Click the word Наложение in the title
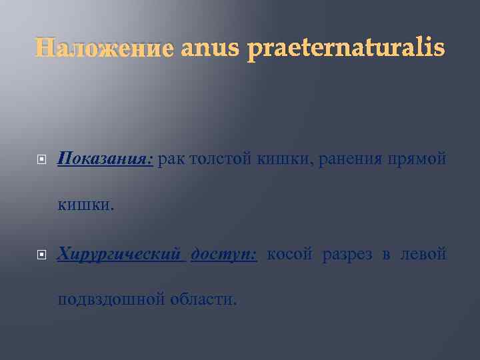(x=104, y=49)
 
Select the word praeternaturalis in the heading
(x=345, y=49)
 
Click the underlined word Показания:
(x=105, y=160)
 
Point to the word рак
(x=171, y=160)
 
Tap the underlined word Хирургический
(x=120, y=254)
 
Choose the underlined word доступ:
(x=224, y=255)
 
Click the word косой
(x=291, y=254)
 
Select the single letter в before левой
(x=386, y=255)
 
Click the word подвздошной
(x=111, y=299)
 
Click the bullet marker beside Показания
(x=41, y=161)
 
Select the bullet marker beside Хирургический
(x=41, y=255)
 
